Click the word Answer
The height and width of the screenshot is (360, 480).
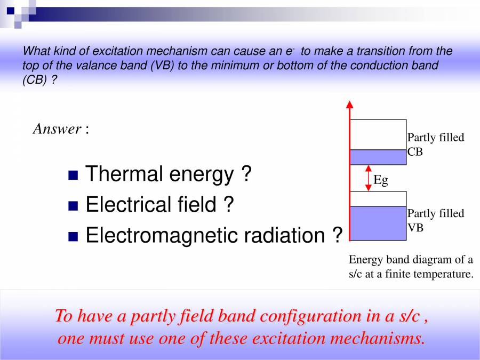tap(57, 129)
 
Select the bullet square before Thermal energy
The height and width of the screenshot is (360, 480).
tap(74, 175)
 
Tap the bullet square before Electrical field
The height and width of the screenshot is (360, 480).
tap(74, 206)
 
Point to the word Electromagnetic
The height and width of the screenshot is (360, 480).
tap(171, 235)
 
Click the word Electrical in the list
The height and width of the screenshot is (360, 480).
tap(124, 205)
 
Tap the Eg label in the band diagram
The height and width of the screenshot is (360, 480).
tap(381, 180)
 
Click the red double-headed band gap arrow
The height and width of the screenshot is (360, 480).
tap(368, 178)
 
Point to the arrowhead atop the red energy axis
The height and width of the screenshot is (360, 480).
tap(350, 104)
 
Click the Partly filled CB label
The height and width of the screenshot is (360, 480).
tap(435, 145)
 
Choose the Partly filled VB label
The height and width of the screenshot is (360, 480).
tap(435, 220)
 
